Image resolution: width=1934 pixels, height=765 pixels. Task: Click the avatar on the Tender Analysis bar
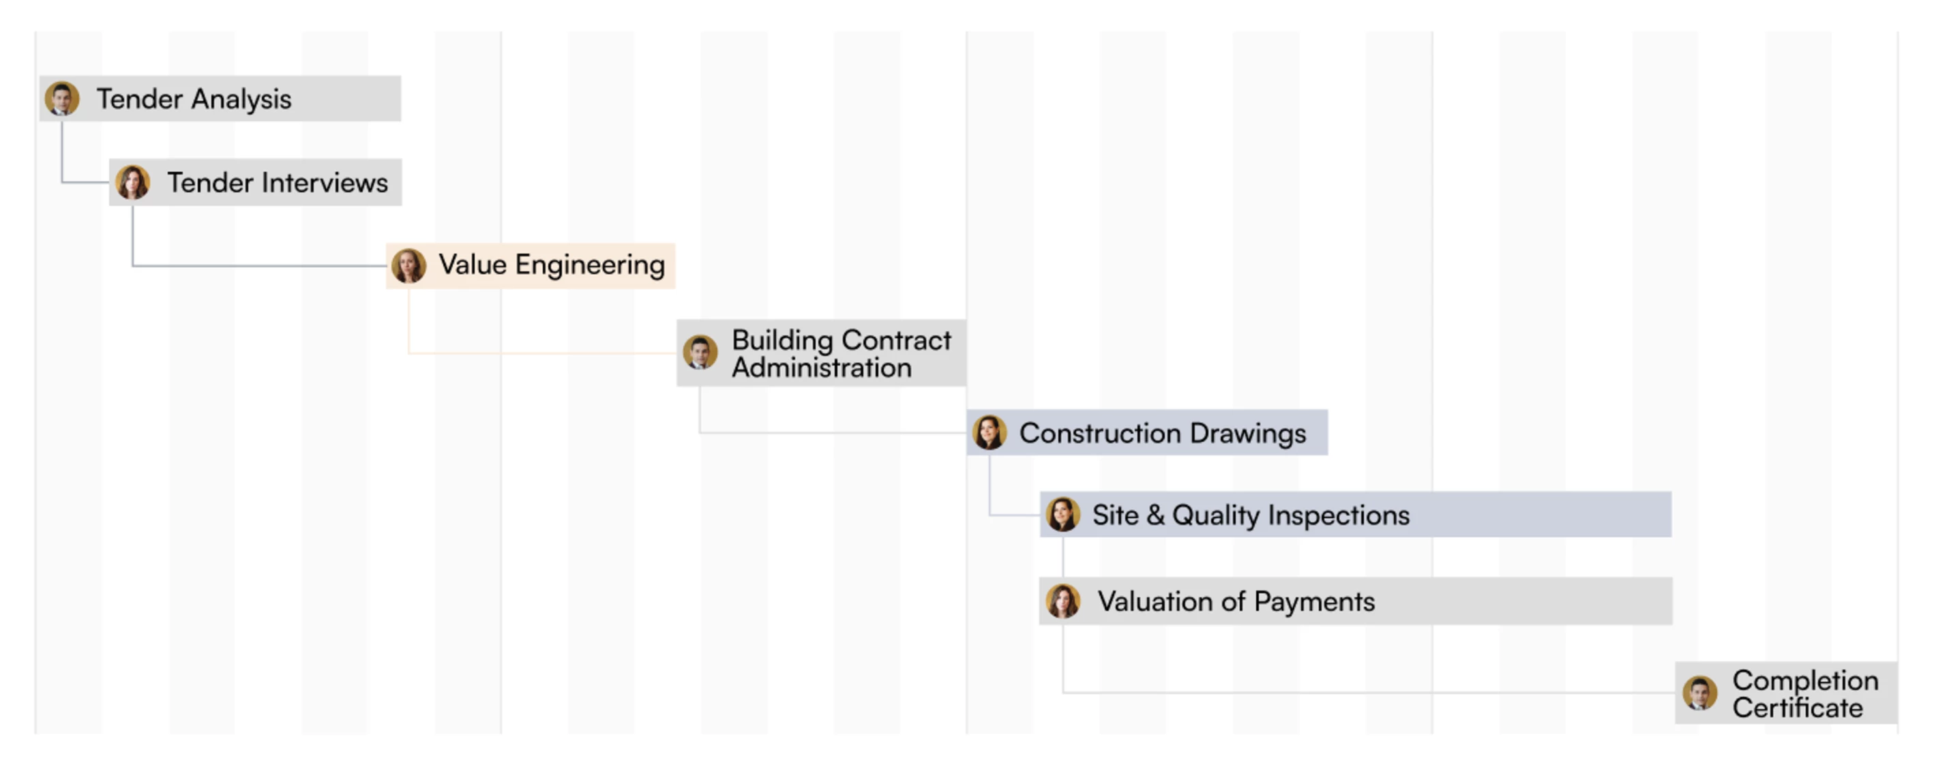62,98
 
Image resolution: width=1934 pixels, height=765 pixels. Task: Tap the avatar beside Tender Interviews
133,183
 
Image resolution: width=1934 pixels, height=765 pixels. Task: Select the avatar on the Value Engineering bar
409,266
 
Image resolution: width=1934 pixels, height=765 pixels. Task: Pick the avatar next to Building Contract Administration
700,352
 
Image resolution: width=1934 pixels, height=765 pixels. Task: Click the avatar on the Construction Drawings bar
990,432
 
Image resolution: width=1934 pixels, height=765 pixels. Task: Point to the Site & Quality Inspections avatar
1063,514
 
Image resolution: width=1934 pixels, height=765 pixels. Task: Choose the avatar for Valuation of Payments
1063,601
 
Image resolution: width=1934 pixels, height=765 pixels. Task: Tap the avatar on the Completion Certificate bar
1700,692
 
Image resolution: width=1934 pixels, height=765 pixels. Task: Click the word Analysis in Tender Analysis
241,99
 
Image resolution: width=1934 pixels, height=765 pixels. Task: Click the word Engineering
590,266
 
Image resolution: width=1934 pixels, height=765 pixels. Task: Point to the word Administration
822,368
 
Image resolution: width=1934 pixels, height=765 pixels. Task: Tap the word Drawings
1248,433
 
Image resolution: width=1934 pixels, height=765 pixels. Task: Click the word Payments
1314,601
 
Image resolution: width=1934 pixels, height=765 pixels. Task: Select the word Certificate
1798,708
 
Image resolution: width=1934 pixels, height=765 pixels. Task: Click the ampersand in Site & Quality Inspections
1155,515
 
